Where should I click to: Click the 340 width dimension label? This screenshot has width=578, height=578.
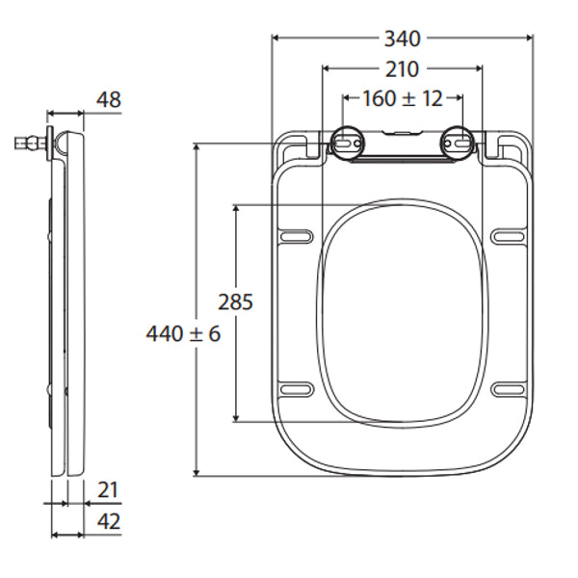click(403, 39)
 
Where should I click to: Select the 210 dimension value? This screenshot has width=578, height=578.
click(403, 69)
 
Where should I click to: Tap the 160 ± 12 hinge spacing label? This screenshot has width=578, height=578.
click(403, 98)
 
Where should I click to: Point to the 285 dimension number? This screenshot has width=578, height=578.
click(235, 302)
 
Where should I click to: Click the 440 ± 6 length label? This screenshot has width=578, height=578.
click(184, 334)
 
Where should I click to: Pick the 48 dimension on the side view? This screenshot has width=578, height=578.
click(109, 99)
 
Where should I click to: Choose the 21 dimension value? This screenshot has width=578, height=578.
click(109, 490)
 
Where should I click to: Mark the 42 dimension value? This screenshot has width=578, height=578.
click(109, 521)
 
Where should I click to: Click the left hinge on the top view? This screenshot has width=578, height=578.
click(348, 143)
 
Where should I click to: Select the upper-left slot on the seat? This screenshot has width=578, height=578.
click(296, 235)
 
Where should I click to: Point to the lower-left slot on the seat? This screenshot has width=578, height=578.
click(296, 387)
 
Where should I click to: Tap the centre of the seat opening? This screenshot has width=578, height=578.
click(403, 311)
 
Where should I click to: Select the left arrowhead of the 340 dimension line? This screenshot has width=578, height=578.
click(276, 39)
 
